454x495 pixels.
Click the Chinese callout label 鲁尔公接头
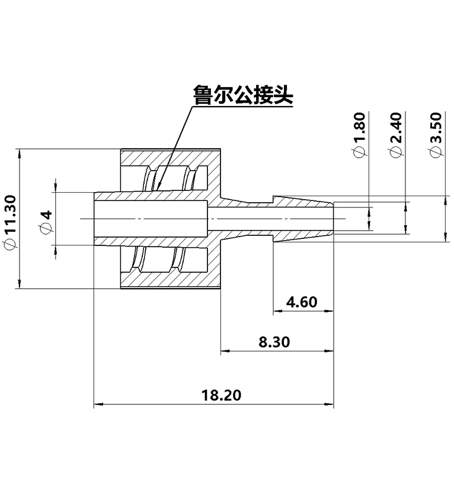(x=243, y=95)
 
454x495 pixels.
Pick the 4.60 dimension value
(x=301, y=302)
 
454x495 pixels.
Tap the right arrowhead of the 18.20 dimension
(x=330, y=405)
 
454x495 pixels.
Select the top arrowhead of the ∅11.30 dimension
(x=20, y=152)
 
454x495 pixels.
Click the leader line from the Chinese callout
(x=175, y=148)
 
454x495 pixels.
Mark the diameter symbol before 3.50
(x=436, y=152)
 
